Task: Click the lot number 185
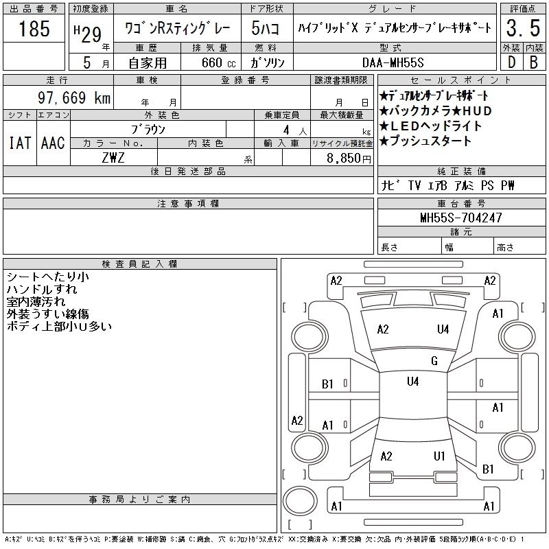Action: click(x=34, y=29)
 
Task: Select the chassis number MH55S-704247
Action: click(x=461, y=218)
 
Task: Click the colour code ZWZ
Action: click(x=113, y=157)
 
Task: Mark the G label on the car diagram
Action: click(x=434, y=361)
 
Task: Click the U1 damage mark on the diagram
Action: click(x=439, y=456)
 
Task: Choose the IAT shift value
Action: click(x=19, y=143)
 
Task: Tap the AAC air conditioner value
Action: click(x=53, y=143)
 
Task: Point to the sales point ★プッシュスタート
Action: click(x=425, y=141)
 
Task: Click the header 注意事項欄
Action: click(x=188, y=204)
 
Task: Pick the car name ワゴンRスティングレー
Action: click(x=177, y=29)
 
